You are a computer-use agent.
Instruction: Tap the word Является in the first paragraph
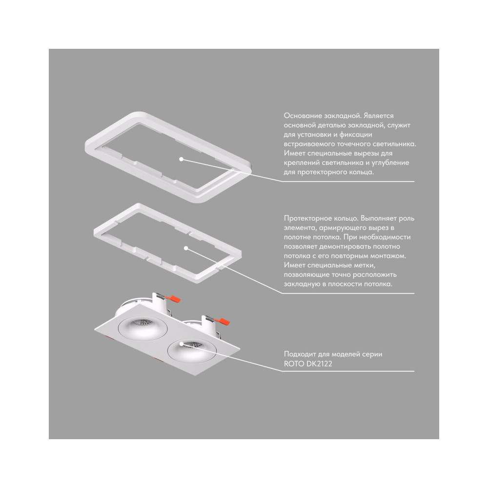pos(378,116)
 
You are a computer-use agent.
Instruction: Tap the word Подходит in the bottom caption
pos(299,354)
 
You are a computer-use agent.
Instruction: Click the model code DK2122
pos(319,364)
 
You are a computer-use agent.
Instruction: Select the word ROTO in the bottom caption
pos(294,364)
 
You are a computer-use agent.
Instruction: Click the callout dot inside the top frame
pos(181,159)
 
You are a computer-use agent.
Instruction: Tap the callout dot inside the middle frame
pos(186,248)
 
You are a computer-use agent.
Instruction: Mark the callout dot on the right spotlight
pos(182,344)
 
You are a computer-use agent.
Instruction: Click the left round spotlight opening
pos(142,328)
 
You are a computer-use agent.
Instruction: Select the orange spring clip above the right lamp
pos(224,321)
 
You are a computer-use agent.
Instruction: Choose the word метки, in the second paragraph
pos(365,265)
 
